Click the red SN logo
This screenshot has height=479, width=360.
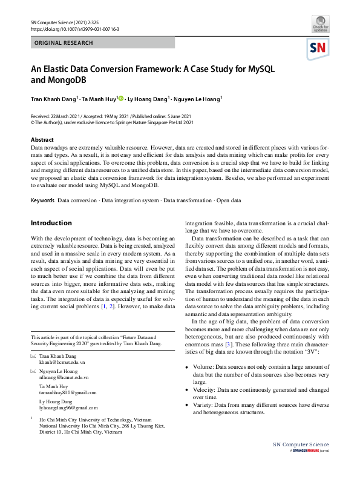(319, 48)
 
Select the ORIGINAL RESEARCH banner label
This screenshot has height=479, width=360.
(64, 43)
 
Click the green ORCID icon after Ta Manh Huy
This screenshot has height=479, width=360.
(120, 98)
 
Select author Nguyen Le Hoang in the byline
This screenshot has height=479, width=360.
(197, 98)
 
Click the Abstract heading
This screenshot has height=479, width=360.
(42, 140)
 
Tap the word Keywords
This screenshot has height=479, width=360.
(42, 200)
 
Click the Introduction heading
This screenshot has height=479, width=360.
(51, 223)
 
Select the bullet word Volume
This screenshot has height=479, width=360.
(205, 367)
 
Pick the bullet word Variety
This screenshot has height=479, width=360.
(205, 405)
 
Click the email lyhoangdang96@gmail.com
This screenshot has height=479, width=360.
(68, 408)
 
